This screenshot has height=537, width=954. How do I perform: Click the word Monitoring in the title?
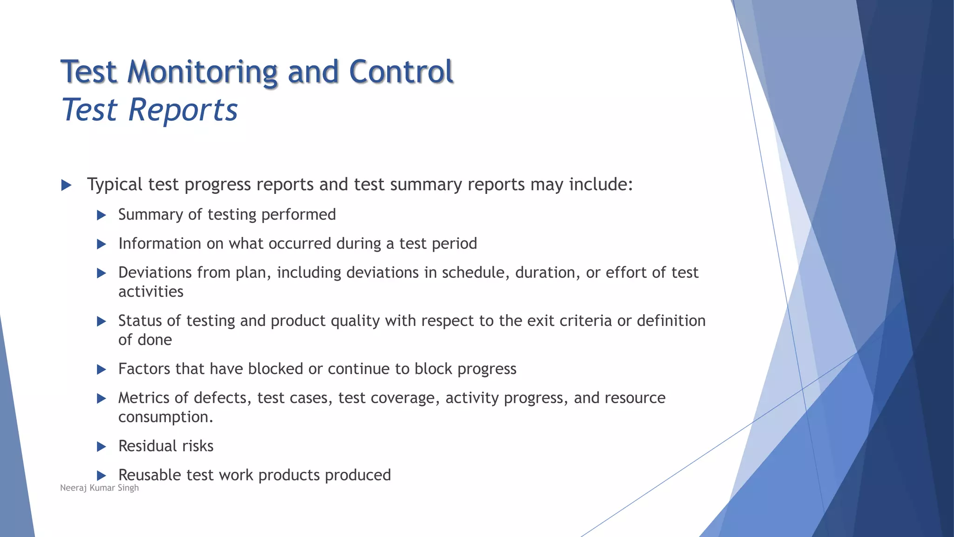pos(202,72)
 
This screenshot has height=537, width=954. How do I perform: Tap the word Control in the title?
pos(401,72)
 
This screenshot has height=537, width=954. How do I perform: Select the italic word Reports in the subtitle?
pos(183,110)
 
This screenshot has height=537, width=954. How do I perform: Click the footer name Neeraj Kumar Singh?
pos(99,488)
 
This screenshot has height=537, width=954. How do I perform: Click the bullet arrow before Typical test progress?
pos(66,185)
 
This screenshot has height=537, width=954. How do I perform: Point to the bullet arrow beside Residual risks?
pos(101,447)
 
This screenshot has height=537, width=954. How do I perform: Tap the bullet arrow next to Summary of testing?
pos(101,215)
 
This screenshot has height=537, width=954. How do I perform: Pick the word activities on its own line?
pos(150,292)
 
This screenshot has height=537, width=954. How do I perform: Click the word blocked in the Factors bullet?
pos(275,369)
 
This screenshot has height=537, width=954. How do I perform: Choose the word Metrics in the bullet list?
pos(143,398)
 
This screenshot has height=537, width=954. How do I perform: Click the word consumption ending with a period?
pos(165,417)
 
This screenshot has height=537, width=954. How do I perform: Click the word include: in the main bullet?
pos(601,185)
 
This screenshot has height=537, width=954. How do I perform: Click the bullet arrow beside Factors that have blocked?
pos(101,370)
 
